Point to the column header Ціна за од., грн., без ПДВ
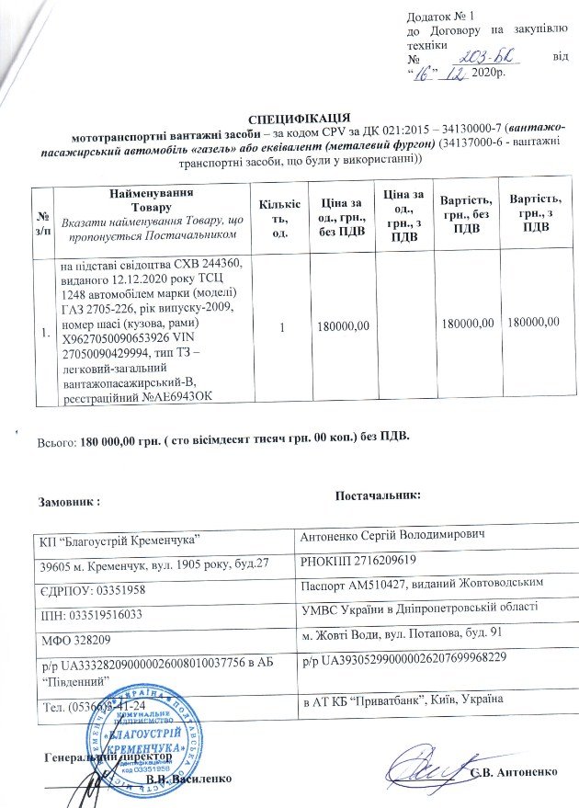[341, 219]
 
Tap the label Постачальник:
[378, 496]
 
